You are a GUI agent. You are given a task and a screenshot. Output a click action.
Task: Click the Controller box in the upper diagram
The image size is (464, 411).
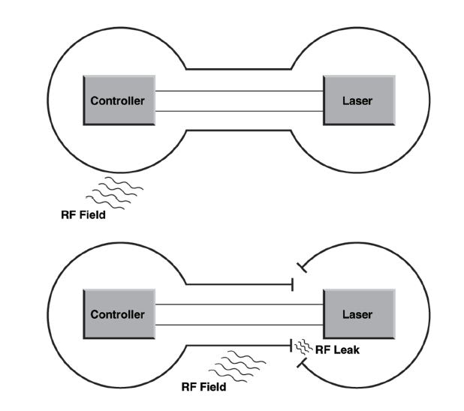pyautogui.click(x=117, y=100)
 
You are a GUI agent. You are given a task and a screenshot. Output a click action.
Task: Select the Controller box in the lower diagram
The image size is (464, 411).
pyautogui.click(x=117, y=314)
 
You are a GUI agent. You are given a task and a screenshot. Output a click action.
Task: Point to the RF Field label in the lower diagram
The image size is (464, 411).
pyautogui.click(x=203, y=387)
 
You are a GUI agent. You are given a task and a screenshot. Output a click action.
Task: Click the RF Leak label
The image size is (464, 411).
pyautogui.click(x=335, y=348)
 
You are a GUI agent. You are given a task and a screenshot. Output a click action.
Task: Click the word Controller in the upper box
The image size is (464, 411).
pyautogui.click(x=117, y=100)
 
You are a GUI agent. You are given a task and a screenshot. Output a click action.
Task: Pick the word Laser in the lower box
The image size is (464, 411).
pyautogui.click(x=357, y=315)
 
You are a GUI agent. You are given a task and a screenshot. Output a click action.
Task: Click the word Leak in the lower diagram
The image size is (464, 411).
pyautogui.click(x=343, y=348)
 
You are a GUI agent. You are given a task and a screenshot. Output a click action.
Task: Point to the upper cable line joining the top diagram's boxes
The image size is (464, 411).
pyautogui.click(x=239, y=91)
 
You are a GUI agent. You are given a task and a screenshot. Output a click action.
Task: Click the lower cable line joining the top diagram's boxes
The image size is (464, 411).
pyautogui.click(x=239, y=111)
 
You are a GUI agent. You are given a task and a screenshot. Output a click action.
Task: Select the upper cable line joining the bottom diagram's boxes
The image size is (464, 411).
pyautogui.click(x=239, y=304)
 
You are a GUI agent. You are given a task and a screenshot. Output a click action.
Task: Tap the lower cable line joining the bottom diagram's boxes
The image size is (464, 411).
pyautogui.click(x=239, y=324)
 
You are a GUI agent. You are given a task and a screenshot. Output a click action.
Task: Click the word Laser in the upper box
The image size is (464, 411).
pyautogui.click(x=357, y=100)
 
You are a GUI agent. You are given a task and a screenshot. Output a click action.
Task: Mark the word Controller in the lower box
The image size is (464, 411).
pyautogui.click(x=117, y=315)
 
